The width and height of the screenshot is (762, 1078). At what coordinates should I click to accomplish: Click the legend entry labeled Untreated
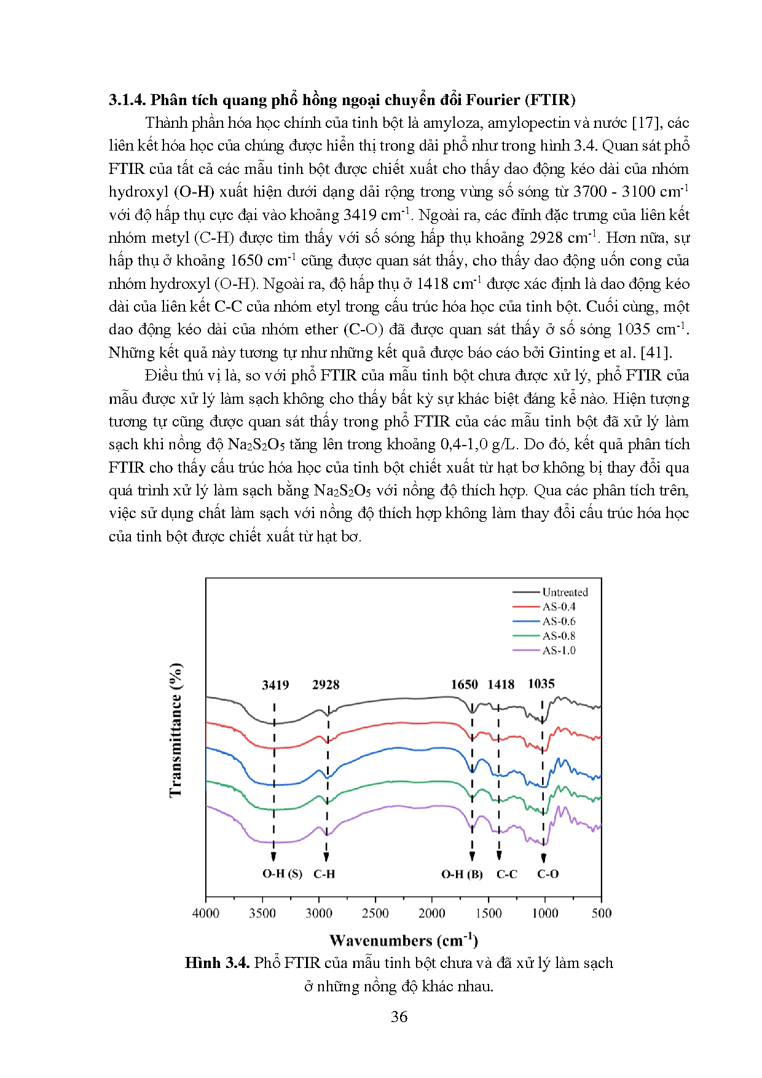click(x=565, y=592)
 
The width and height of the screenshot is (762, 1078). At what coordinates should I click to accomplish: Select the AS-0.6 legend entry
click(x=559, y=621)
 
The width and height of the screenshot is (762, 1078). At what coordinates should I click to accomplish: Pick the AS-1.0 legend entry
click(x=559, y=650)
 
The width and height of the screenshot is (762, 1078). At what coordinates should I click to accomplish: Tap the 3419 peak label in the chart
click(x=275, y=685)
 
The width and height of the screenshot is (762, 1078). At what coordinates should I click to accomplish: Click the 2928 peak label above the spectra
click(x=326, y=685)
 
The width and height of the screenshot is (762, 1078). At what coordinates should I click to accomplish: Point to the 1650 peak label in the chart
click(x=464, y=685)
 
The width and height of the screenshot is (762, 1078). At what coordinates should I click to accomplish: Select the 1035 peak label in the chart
click(x=541, y=684)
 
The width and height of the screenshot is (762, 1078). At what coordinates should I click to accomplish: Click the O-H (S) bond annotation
click(x=282, y=874)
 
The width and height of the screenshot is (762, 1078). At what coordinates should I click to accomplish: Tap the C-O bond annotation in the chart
click(x=548, y=874)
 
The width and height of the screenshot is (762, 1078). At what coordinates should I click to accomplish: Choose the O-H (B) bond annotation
click(x=462, y=874)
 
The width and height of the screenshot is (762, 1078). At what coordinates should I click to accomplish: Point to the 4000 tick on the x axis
click(x=206, y=913)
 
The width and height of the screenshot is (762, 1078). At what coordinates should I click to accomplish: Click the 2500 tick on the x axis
click(x=375, y=913)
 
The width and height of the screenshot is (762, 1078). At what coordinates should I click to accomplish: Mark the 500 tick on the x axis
click(x=602, y=913)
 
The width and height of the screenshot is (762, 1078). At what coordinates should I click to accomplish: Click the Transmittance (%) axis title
click(x=176, y=730)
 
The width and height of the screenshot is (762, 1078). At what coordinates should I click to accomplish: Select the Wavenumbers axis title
click(x=403, y=940)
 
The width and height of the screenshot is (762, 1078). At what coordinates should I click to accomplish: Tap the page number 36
click(x=399, y=1017)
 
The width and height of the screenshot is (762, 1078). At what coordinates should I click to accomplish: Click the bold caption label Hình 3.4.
click(x=217, y=963)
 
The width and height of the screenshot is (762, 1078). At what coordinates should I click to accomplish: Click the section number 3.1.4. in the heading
click(x=127, y=100)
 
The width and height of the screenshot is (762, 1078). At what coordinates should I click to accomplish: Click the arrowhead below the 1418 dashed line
click(x=499, y=856)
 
